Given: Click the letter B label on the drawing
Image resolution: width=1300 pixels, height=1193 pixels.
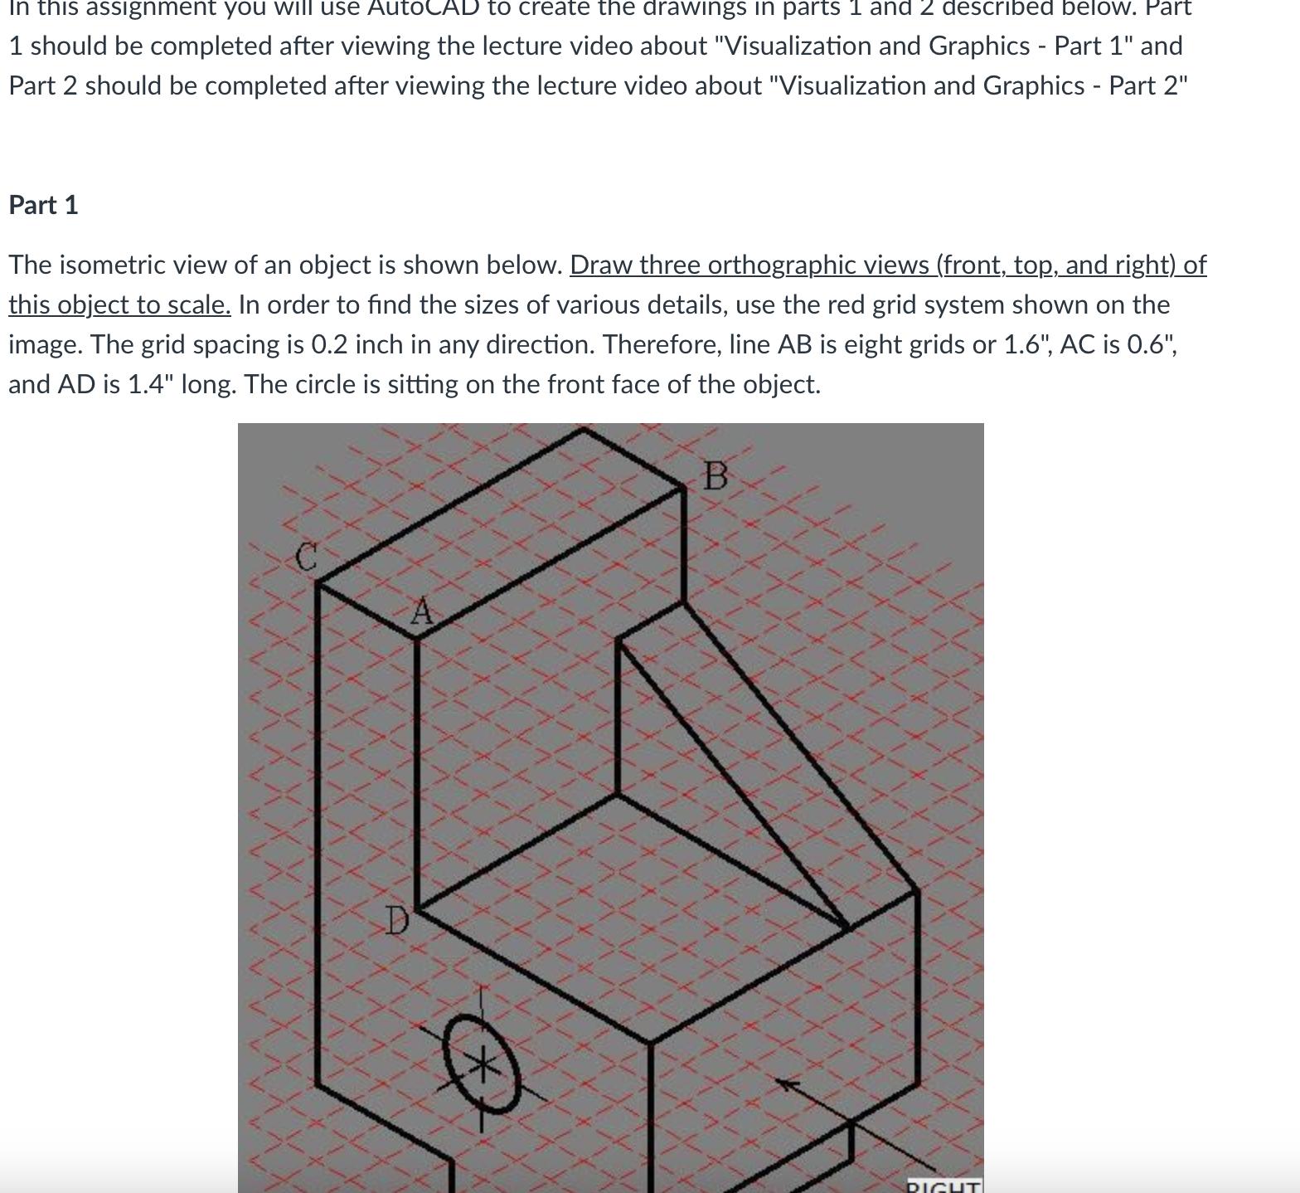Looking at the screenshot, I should pyautogui.click(x=715, y=477).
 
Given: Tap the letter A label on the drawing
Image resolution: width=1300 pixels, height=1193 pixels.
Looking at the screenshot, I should pyautogui.click(x=422, y=612).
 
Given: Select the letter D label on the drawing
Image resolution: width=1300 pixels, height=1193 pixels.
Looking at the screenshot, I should pyautogui.click(x=397, y=920).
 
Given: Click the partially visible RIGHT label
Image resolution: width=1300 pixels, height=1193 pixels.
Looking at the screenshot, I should pyautogui.click(x=943, y=1186).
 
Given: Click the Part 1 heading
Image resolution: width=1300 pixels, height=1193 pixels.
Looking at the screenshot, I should pyautogui.click(x=43, y=205).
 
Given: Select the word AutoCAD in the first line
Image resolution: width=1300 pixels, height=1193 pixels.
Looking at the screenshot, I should pyautogui.click(x=430, y=7).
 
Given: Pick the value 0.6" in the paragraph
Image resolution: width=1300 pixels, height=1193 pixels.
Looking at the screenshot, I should pyautogui.click(x=1152, y=344).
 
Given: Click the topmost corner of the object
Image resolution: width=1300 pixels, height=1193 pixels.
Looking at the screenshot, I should pyautogui.click(x=584, y=429).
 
